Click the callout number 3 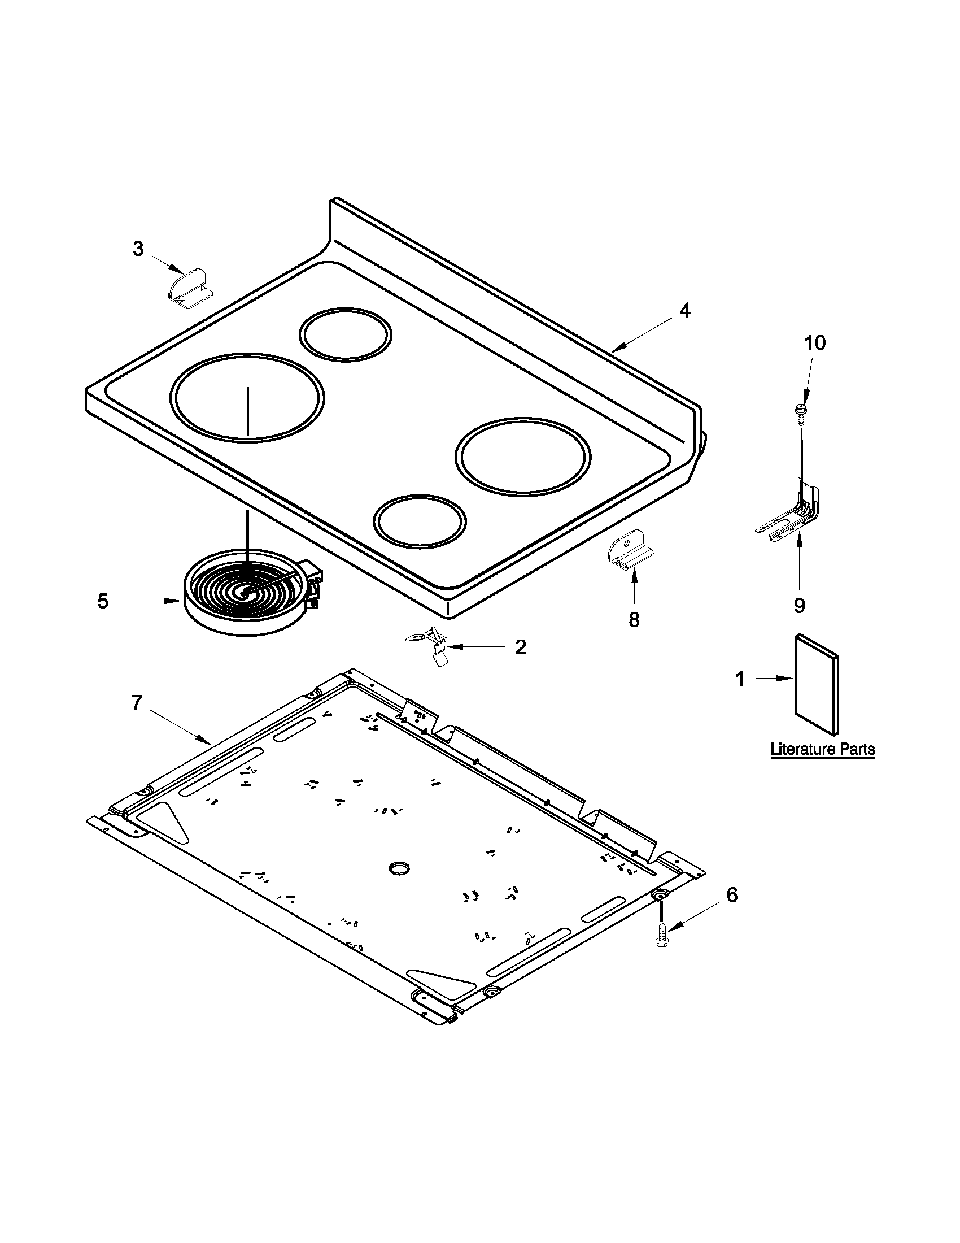pos(138,249)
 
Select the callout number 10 pos(815,343)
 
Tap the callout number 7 pos(137,703)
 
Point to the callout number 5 pos(103,601)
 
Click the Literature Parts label pos(822,749)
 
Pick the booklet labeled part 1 pos(816,684)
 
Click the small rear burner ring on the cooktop pos(345,334)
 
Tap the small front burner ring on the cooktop pos(420,521)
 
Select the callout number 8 pos(634,619)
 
